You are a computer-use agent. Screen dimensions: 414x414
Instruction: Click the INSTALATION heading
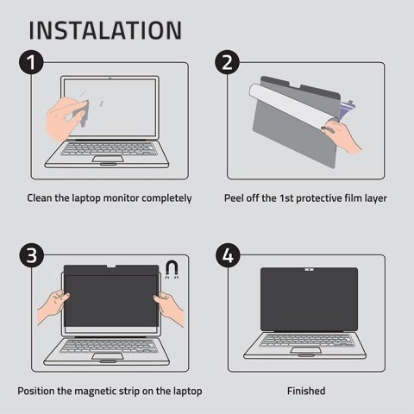coord(105,28)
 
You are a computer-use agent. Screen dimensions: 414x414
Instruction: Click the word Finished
coord(306,391)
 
